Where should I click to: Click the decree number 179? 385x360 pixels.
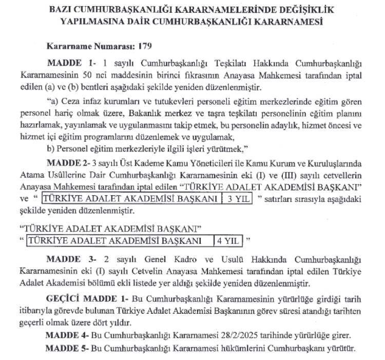click(x=145, y=46)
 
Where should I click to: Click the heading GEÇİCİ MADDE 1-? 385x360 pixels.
click(x=85, y=298)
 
